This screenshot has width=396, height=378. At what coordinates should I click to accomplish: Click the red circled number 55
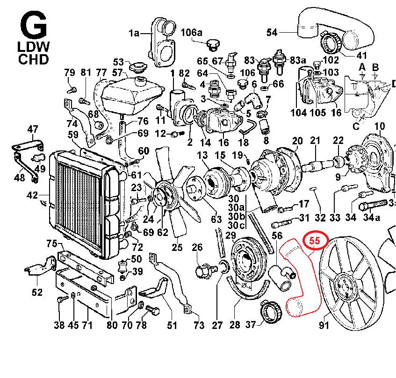tap(315, 241)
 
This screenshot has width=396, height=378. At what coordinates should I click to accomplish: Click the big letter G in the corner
tap(34, 25)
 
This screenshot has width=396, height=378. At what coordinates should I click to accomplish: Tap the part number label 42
tap(32, 195)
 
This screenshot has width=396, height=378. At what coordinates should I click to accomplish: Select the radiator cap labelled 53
tap(137, 67)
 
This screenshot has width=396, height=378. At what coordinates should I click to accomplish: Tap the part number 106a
tap(191, 33)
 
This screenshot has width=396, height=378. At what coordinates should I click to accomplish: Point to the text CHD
tap(33, 59)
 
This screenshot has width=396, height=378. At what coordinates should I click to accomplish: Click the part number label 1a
tap(134, 33)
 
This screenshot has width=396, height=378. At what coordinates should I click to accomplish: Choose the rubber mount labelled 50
tap(123, 266)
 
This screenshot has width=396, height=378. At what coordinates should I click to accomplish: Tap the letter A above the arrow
tap(362, 67)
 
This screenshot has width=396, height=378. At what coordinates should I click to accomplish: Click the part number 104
tap(298, 113)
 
